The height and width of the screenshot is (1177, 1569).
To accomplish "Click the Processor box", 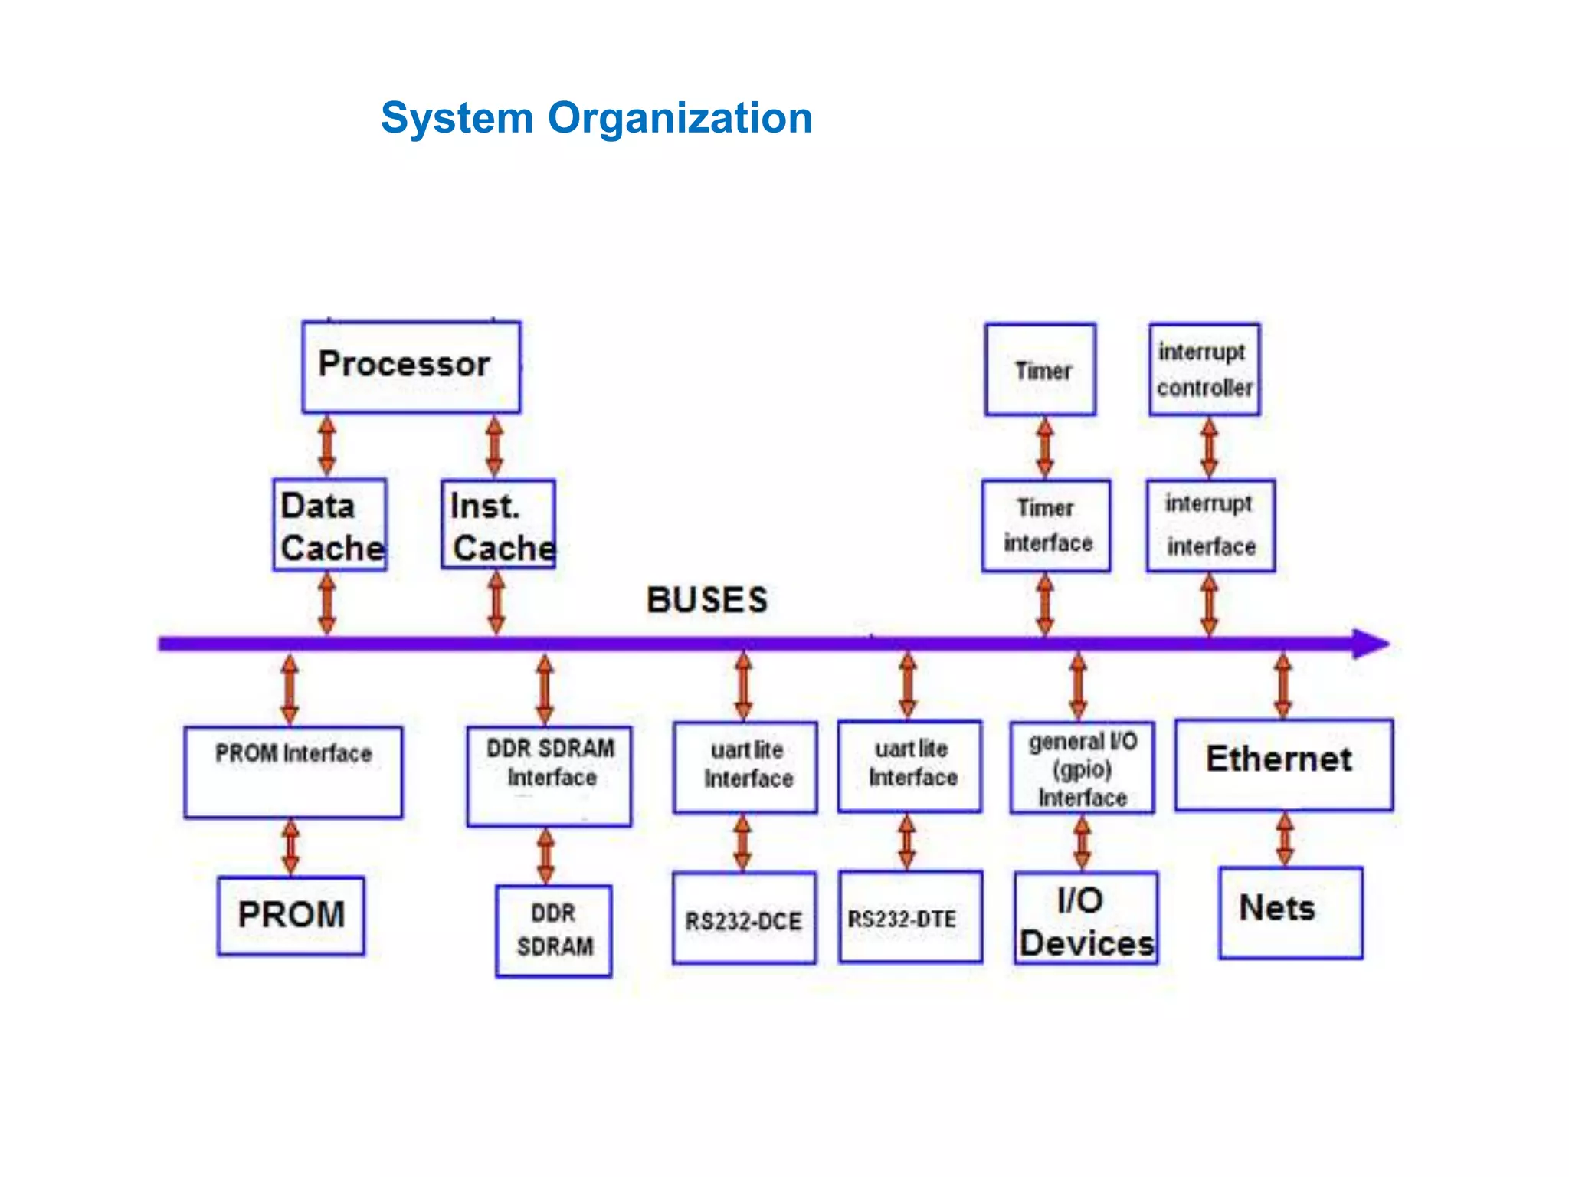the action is click(411, 367).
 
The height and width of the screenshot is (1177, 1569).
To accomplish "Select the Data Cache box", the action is click(329, 525).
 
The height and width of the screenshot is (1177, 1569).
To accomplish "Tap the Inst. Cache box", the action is click(498, 524).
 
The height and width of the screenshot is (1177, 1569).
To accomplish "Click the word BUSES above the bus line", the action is click(706, 600).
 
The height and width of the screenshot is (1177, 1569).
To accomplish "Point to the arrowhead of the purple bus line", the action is click(1371, 644).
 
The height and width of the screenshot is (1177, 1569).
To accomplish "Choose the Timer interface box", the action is click(1046, 526).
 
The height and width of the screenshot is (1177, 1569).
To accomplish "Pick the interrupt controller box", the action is click(1204, 369).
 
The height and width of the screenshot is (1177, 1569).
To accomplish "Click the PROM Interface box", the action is click(293, 772).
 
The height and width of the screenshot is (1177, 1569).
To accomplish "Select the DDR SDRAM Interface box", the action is click(549, 776).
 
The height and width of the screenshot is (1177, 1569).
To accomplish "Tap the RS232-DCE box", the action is click(744, 918).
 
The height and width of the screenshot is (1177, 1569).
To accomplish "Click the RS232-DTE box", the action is click(910, 916).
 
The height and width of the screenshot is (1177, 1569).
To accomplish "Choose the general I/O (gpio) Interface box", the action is click(1082, 768).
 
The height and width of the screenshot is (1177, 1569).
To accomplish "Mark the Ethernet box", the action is click(1284, 765).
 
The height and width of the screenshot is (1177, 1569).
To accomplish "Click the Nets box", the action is click(1291, 913).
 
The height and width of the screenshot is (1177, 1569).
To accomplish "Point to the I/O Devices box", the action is click(1086, 918).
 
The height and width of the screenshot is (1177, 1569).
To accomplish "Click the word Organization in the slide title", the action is click(680, 119).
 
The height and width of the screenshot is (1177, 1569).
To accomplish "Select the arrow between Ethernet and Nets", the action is click(1285, 839).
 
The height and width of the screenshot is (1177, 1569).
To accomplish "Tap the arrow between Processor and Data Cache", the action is click(327, 447).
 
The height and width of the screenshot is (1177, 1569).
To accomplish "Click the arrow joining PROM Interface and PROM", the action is click(290, 848).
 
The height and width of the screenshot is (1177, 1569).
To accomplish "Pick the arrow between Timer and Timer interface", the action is click(1045, 448).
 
